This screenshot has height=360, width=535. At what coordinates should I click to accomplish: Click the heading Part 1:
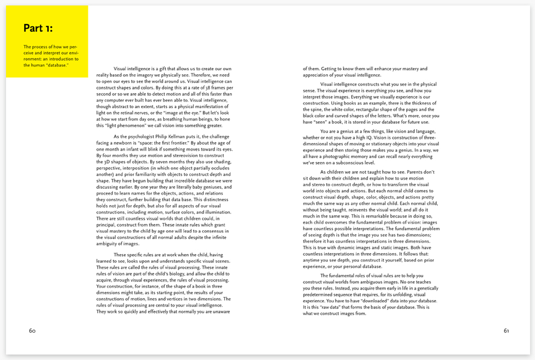(38, 28)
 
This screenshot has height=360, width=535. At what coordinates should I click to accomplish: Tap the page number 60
(32, 331)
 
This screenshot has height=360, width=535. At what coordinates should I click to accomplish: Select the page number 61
(506, 331)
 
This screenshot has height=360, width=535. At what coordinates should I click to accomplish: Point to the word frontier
(194, 142)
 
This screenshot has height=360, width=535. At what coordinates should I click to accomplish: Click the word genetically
(424, 288)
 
